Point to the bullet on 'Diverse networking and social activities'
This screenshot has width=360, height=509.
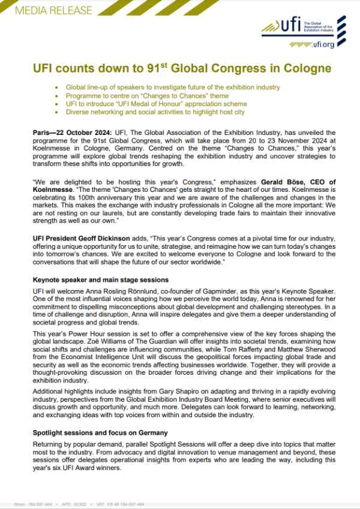coord(156,112)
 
